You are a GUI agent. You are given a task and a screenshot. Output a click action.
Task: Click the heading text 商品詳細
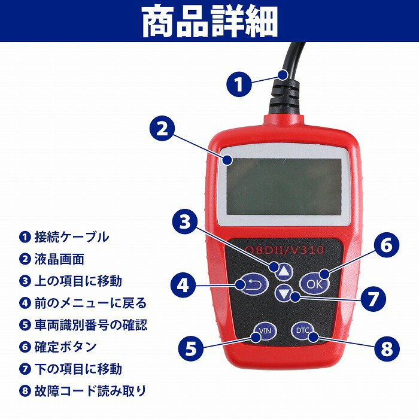(x=209, y=22)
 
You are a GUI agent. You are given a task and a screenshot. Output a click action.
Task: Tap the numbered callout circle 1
(x=239, y=84)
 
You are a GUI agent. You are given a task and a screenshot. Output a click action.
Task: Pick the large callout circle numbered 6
(x=386, y=246)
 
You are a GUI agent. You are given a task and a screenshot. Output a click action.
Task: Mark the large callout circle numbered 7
(x=371, y=298)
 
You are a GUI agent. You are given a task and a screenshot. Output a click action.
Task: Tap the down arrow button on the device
(x=283, y=294)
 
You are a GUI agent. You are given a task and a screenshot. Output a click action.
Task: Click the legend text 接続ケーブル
(x=72, y=236)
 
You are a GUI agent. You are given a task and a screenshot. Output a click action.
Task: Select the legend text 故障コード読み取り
(x=90, y=391)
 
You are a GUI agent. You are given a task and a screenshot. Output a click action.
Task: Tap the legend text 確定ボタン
(x=65, y=347)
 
